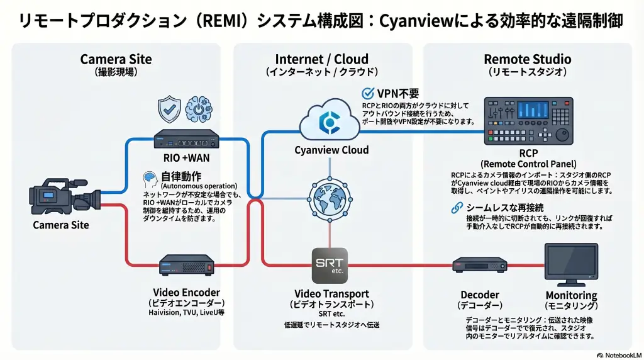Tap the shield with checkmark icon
coord(168,109)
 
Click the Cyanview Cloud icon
coord(330,120)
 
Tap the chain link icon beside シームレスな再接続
coord(457,208)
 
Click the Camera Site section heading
coord(116,60)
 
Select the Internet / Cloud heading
coord(322,60)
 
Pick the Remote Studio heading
coord(527,60)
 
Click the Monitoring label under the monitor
coord(571,295)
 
